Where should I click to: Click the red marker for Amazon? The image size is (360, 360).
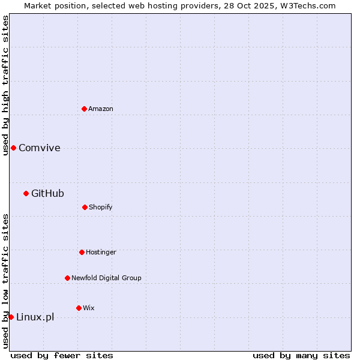(x=84, y=109)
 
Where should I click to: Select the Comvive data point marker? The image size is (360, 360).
(x=13, y=148)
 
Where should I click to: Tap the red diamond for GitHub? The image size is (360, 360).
(x=26, y=193)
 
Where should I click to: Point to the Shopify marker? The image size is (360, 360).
(x=85, y=207)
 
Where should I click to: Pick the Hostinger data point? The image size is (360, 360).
(x=82, y=252)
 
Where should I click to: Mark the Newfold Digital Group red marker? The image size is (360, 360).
(x=67, y=278)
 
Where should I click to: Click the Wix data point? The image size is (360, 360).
(x=79, y=308)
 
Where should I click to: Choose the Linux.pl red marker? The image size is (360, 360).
(x=11, y=317)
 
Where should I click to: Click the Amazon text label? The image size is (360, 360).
(x=101, y=109)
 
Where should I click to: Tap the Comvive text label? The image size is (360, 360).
(x=40, y=148)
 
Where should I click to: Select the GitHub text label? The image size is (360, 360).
(x=47, y=193)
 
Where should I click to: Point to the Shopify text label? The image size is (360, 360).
(x=101, y=207)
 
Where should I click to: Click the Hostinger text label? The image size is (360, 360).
(x=101, y=252)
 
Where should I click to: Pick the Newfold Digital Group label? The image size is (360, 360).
(x=106, y=278)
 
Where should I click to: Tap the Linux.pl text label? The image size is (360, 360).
(x=35, y=317)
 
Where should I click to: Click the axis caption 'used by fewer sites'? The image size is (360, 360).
(x=62, y=355)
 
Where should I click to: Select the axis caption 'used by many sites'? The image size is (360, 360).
(x=301, y=355)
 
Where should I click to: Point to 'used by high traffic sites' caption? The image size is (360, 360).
(x=5, y=85)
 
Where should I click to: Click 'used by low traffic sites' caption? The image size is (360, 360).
(x=5, y=281)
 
